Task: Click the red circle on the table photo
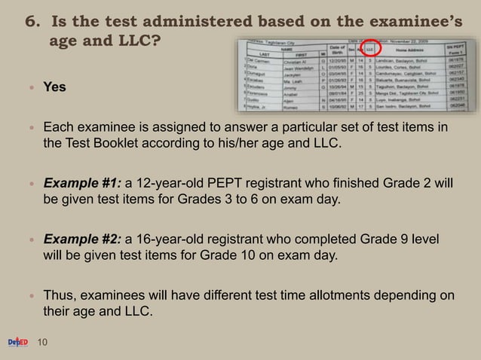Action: (369, 50)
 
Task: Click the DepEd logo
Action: (17, 343)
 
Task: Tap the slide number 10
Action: (42, 343)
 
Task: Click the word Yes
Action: (54, 87)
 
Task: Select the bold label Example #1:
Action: (83, 183)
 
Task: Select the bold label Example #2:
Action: (83, 239)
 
